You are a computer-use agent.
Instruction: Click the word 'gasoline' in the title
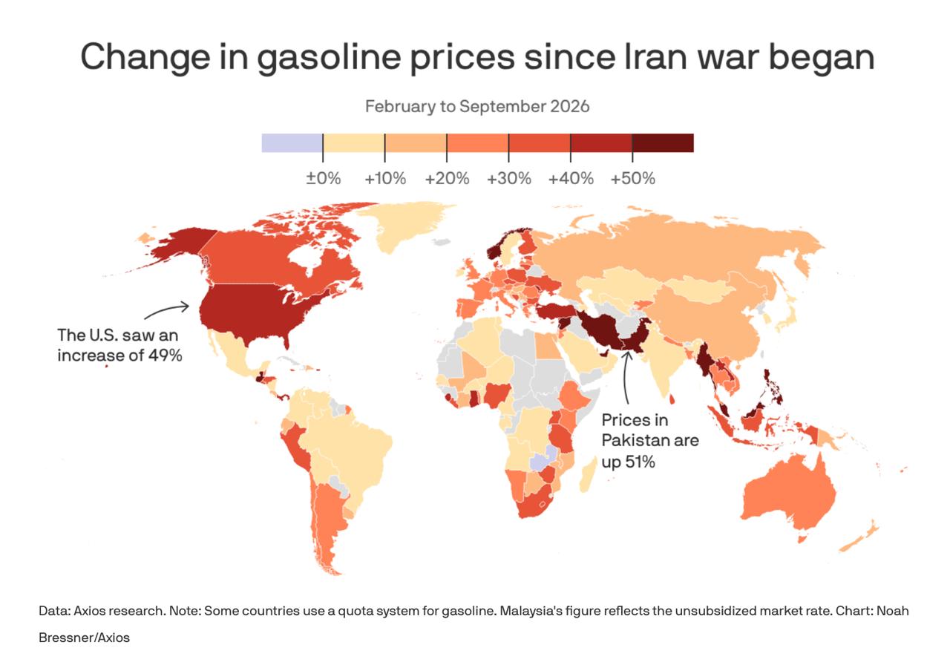click(329, 58)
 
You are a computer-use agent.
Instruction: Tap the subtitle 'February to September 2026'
click(477, 106)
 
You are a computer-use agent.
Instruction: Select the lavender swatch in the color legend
click(292, 143)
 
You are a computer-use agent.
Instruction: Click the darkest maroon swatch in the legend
click(663, 143)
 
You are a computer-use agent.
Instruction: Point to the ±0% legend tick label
click(323, 179)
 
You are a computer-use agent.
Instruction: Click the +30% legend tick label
click(509, 179)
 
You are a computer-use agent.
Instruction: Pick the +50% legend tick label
click(633, 179)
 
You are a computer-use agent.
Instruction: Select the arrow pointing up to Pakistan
click(625, 378)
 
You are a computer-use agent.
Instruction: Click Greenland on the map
click(403, 225)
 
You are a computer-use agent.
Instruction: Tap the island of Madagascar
click(588, 478)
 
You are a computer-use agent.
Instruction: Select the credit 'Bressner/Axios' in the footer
click(84, 638)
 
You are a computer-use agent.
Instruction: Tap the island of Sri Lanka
click(672, 399)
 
